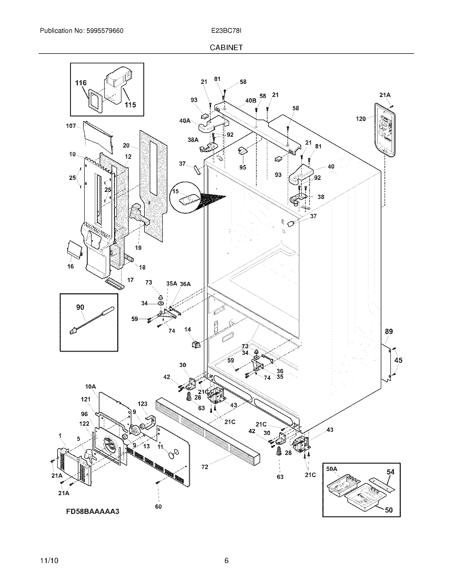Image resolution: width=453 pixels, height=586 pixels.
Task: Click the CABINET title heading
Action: pyautogui.click(x=226, y=47)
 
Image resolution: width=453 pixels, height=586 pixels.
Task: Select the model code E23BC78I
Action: pyautogui.click(x=226, y=31)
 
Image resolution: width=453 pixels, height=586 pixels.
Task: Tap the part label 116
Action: pyautogui.click(x=81, y=83)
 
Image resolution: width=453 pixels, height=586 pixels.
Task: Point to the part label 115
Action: pyautogui.click(x=130, y=105)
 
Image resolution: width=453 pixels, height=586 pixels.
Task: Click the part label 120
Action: pyautogui.click(x=361, y=119)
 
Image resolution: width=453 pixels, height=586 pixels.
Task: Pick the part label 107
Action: pyautogui.click(x=71, y=126)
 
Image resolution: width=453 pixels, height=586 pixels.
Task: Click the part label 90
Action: pyautogui.click(x=80, y=307)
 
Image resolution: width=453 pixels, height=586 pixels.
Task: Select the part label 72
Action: pyautogui.click(x=204, y=467)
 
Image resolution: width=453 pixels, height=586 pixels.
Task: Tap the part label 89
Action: pyautogui.click(x=389, y=331)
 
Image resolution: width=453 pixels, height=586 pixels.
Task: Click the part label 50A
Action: pyautogui.click(x=332, y=469)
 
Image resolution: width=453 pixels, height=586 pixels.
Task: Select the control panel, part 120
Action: pyautogui.click(x=385, y=130)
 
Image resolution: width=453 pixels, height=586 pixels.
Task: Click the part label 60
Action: pyautogui.click(x=158, y=507)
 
